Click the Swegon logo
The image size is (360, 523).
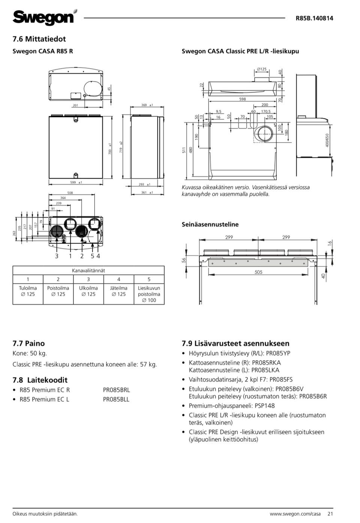tap(44, 17)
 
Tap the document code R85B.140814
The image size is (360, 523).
tap(314, 18)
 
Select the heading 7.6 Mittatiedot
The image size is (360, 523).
tap(39, 39)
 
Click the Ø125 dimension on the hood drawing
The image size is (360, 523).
tap(262, 69)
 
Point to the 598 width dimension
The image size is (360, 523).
tap(243, 99)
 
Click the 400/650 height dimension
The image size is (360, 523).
tap(327, 140)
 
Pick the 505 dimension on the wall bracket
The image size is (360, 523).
tap(258, 272)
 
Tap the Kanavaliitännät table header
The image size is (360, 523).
tap(88, 271)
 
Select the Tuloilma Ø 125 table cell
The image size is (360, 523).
tap(28, 291)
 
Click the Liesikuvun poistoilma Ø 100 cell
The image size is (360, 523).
tap(149, 294)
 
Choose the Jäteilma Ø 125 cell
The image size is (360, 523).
tap(118, 291)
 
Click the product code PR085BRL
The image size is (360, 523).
tap(116, 390)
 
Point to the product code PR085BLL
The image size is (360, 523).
tap(116, 399)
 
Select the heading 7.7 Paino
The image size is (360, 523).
tap(28, 343)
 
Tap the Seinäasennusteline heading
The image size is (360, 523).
tap(210, 224)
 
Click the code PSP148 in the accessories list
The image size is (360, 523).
tap(264, 406)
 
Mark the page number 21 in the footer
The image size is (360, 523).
tap(330, 514)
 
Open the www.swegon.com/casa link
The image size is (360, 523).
tap(295, 514)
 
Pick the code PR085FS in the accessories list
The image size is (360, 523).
tap(281, 379)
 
